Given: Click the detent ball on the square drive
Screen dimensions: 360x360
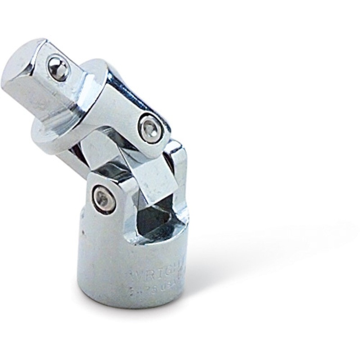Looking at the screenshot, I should [x=58, y=67].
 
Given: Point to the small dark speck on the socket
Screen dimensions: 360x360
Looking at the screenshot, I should [x=82, y=233].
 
